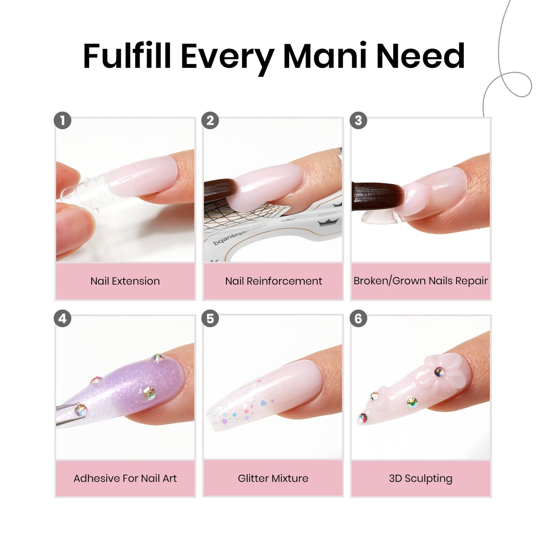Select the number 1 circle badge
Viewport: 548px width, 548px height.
point(63,121)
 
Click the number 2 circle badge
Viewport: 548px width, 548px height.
point(210,121)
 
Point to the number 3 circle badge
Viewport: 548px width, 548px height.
point(358,121)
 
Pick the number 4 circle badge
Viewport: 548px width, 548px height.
point(63,319)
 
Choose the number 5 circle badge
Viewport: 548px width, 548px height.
point(210,319)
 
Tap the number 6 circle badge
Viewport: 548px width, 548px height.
point(358,319)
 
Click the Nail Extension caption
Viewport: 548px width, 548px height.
point(125,281)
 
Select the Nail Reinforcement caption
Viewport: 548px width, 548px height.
point(273,281)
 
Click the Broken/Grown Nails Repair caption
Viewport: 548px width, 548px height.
point(421,281)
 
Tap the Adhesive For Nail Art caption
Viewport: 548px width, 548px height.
point(125,479)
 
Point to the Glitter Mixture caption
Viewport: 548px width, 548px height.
point(273,479)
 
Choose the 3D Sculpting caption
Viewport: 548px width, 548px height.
point(421,479)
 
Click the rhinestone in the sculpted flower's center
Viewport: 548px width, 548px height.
point(439,372)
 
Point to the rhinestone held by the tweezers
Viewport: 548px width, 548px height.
point(80,409)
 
